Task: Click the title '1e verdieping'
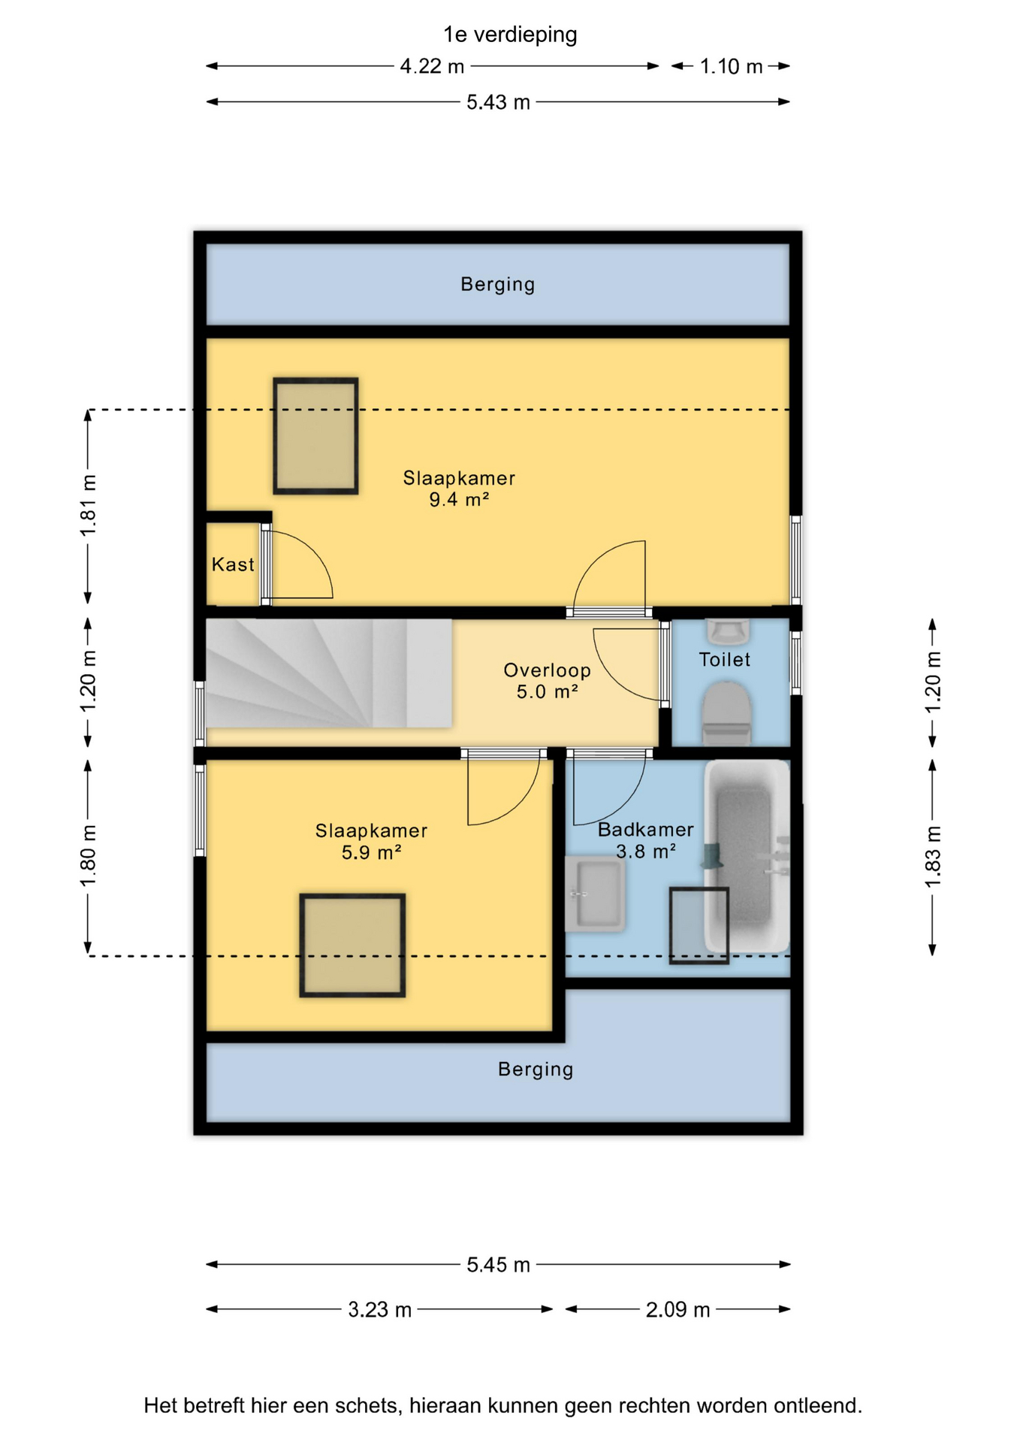click(x=510, y=35)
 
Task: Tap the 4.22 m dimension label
click(x=432, y=66)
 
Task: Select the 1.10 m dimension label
click(x=731, y=66)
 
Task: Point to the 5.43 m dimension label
click(x=498, y=101)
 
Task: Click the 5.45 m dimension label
click(x=498, y=1265)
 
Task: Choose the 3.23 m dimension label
click(x=379, y=1310)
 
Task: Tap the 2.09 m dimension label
click(x=677, y=1310)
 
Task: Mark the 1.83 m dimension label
click(x=932, y=857)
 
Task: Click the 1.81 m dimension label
click(x=88, y=506)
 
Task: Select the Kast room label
click(x=233, y=564)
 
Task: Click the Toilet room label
click(x=724, y=659)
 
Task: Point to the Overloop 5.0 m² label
click(x=547, y=681)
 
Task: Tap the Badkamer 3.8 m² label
click(x=645, y=840)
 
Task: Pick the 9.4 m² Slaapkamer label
click(x=459, y=489)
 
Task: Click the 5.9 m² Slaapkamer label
click(x=371, y=841)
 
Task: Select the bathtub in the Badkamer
click(x=747, y=856)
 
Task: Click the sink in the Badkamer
click(x=595, y=894)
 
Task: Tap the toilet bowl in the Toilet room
click(x=726, y=713)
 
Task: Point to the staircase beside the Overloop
click(x=329, y=673)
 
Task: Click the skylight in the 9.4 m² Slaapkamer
click(x=315, y=436)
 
